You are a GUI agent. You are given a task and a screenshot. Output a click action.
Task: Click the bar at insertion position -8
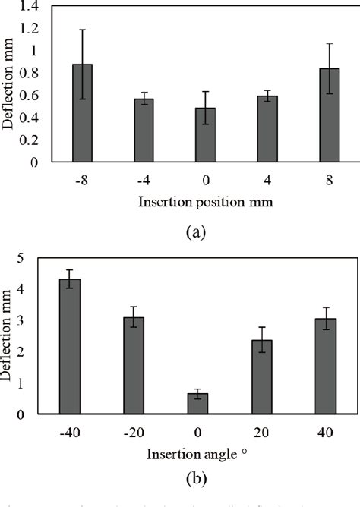(x=83, y=113)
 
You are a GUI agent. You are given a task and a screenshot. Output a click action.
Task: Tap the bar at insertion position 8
(x=329, y=115)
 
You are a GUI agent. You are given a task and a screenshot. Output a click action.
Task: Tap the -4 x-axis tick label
(x=144, y=180)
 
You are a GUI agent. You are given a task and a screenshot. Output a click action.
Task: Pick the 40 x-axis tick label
(x=327, y=433)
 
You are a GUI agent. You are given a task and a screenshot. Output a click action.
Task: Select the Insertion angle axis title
(x=199, y=454)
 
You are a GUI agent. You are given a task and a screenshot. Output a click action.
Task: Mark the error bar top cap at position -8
(x=83, y=30)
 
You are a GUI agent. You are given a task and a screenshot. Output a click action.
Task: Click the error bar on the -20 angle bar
(x=134, y=316)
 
